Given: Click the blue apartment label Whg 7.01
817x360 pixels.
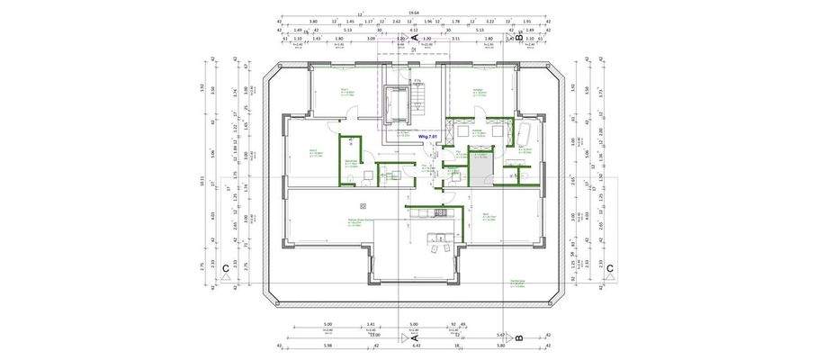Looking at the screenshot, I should [x=427, y=137].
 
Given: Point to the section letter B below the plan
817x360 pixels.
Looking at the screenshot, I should [x=520, y=337].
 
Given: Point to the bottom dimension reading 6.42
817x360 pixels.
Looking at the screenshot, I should [x=416, y=345].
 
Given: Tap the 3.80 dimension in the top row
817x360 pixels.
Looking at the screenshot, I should [x=312, y=20].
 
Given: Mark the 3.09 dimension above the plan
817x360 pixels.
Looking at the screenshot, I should [x=371, y=39].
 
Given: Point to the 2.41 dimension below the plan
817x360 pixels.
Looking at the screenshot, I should [x=371, y=324].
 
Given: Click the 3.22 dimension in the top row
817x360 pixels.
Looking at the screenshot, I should [x=489, y=20].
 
